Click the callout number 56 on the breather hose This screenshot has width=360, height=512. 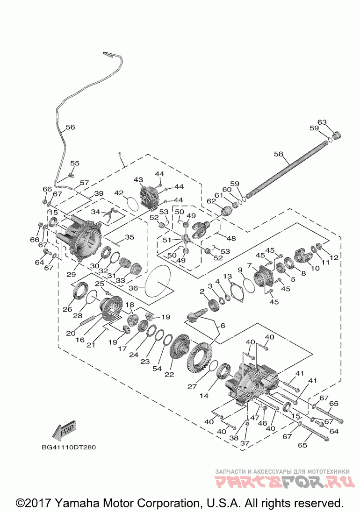pyautogui.click(x=70, y=127)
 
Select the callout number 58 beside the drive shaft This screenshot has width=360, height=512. pyautogui.click(x=279, y=154)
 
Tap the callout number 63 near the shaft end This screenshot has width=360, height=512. pyautogui.click(x=322, y=122)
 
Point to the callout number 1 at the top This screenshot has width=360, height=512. pyautogui.click(x=120, y=154)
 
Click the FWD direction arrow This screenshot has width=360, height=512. pyautogui.click(x=65, y=430)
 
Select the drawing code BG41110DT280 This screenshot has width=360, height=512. pyautogui.click(x=69, y=447)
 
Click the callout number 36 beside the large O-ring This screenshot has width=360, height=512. pyautogui.click(x=133, y=288)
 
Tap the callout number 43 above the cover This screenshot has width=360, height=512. pyautogui.click(x=138, y=179)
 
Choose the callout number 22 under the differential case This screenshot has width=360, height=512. pyautogui.click(x=169, y=375)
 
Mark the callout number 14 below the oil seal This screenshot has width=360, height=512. pyautogui.click(x=204, y=396)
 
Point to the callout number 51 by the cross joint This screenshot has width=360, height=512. pyautogui.click(x=167, y=240)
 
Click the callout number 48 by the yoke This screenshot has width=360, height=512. pyautogui.click(x=231, y=239)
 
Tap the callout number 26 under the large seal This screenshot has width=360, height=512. pyautogui.click(x=67, y=309)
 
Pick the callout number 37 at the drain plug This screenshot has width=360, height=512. pyautogui.click(x=245, y=443)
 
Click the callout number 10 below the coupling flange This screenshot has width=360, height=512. pyautogui.click(x=315, y=269)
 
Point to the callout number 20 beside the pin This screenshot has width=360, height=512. pyautogui.click(x=71, y=334)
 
